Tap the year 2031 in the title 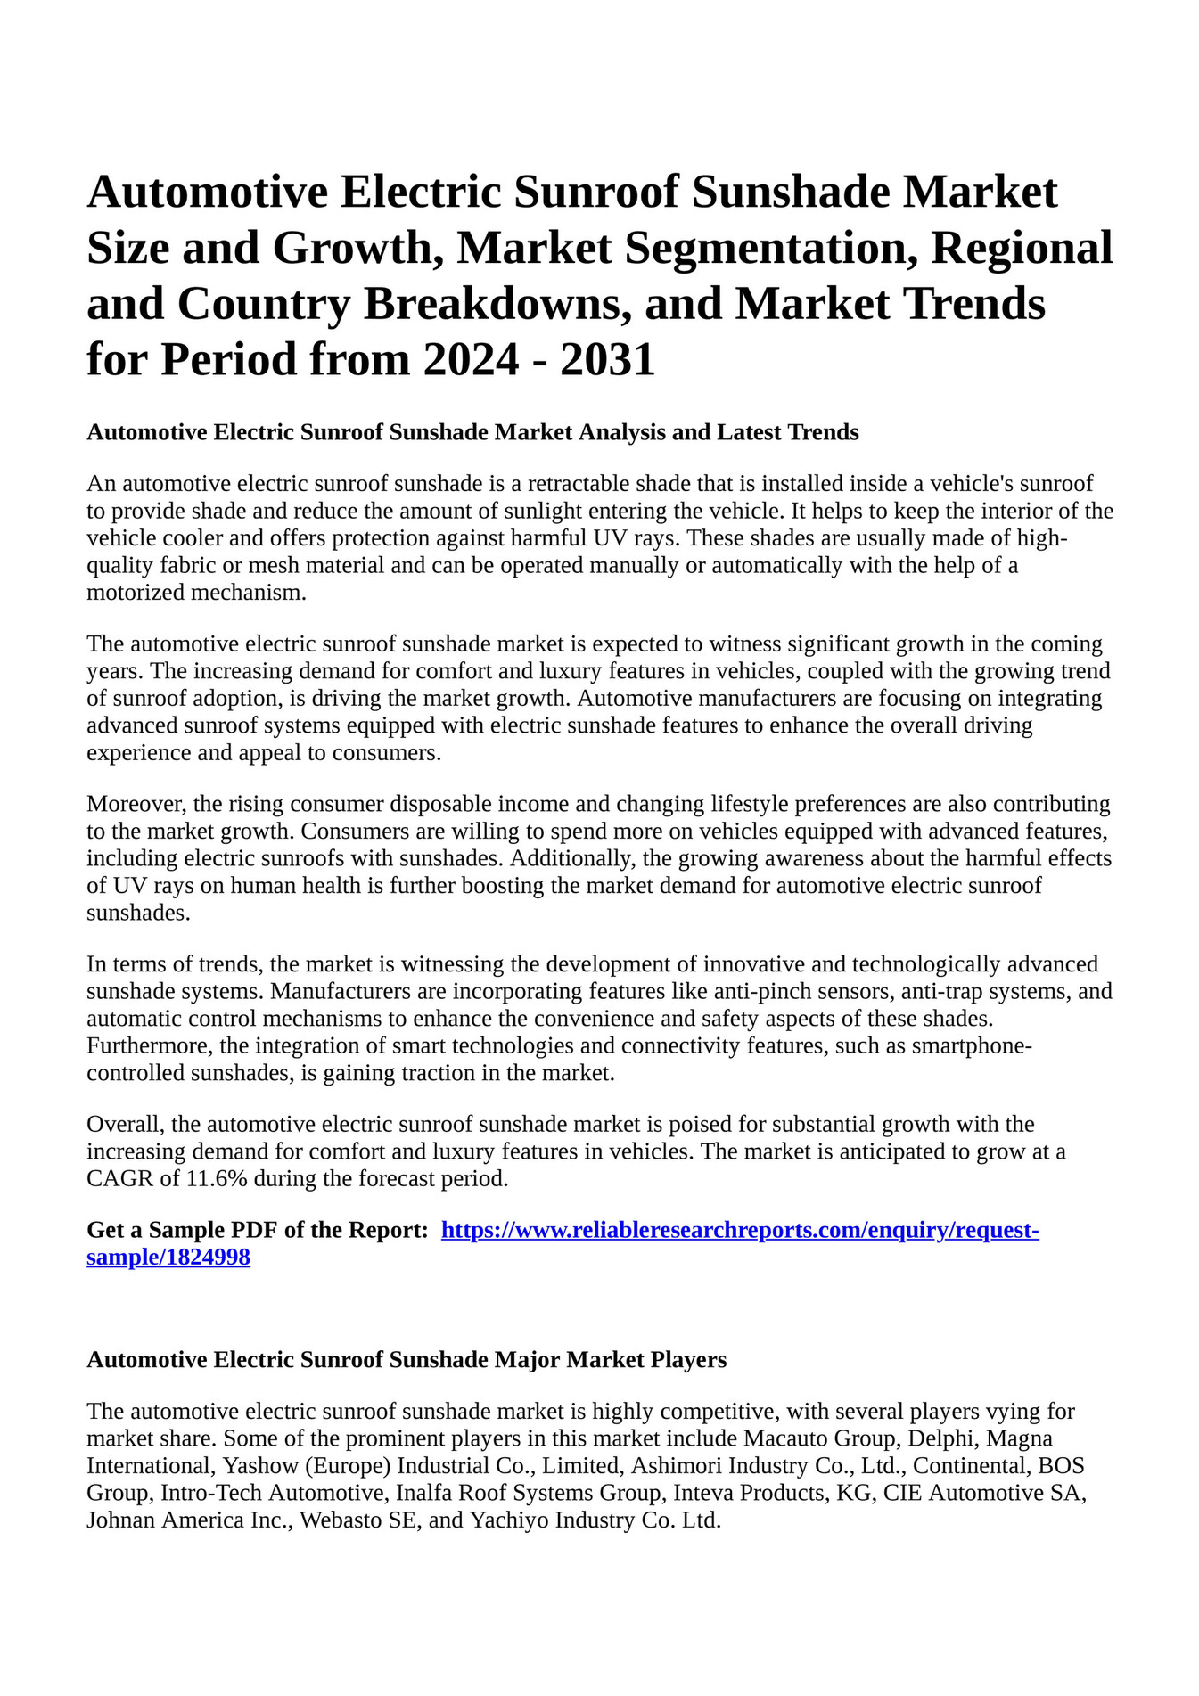[608, 359]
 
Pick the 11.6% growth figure [218, 1179]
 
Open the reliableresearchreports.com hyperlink [740, 1231]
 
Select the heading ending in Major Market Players [407, 1360]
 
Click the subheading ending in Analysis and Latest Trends [472, 433]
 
